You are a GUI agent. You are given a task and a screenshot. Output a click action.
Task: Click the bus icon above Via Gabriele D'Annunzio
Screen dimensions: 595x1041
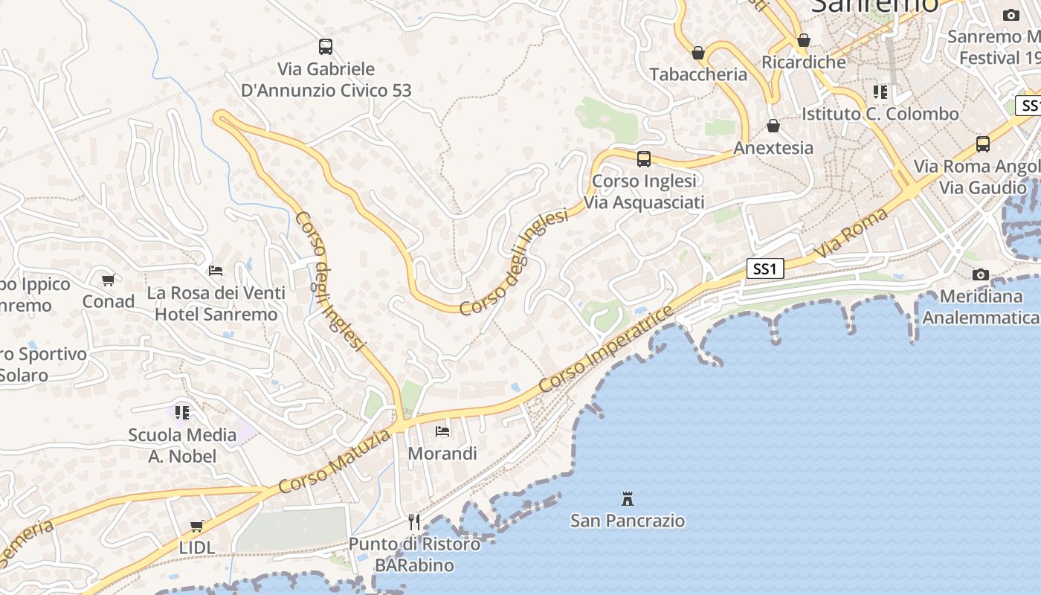point(326,46)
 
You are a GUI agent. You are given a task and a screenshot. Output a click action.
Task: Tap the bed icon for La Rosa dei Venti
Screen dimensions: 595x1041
point(216,270)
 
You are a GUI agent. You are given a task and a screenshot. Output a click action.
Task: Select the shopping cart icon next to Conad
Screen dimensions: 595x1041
point(109,280)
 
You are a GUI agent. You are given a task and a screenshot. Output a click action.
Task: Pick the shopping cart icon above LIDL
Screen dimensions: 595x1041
point(197,526)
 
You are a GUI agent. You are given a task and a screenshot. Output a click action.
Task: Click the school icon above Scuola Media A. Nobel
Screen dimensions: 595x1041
point(182,412)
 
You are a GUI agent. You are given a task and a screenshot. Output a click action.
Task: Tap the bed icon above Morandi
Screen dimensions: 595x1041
point(442,431)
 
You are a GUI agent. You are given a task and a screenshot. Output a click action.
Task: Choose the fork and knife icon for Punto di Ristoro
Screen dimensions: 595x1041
point(414,521)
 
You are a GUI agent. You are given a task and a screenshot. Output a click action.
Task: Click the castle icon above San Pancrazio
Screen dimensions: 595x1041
point(628,498)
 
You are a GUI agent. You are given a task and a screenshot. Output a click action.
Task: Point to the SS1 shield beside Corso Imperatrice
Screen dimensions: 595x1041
point(765,268)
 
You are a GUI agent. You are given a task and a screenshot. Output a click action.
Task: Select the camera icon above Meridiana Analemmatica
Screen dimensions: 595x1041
point(981,274)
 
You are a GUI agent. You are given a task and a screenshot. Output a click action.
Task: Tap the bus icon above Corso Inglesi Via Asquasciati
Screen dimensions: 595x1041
point(644,158)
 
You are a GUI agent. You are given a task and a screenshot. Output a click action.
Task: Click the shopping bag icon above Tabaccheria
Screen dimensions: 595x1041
point(698,52)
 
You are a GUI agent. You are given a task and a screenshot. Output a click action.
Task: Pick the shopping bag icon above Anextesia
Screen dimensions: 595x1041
point(773,126)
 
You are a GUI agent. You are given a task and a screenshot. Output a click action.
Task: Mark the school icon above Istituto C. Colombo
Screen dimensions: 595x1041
point(880,92)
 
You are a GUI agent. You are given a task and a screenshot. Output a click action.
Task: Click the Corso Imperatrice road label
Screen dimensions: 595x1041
point(606,349)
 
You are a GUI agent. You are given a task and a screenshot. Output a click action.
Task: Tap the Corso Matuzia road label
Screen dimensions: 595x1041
point(335,462)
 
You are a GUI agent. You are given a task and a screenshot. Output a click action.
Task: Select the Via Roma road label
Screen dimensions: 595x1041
point(852,234)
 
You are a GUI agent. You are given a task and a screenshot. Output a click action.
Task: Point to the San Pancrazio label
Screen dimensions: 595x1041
point(628,520)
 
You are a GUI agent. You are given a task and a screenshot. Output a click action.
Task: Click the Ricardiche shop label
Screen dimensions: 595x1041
point(804,62)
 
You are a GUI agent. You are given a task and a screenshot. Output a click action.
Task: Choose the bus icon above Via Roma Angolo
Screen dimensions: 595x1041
point(983,144)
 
